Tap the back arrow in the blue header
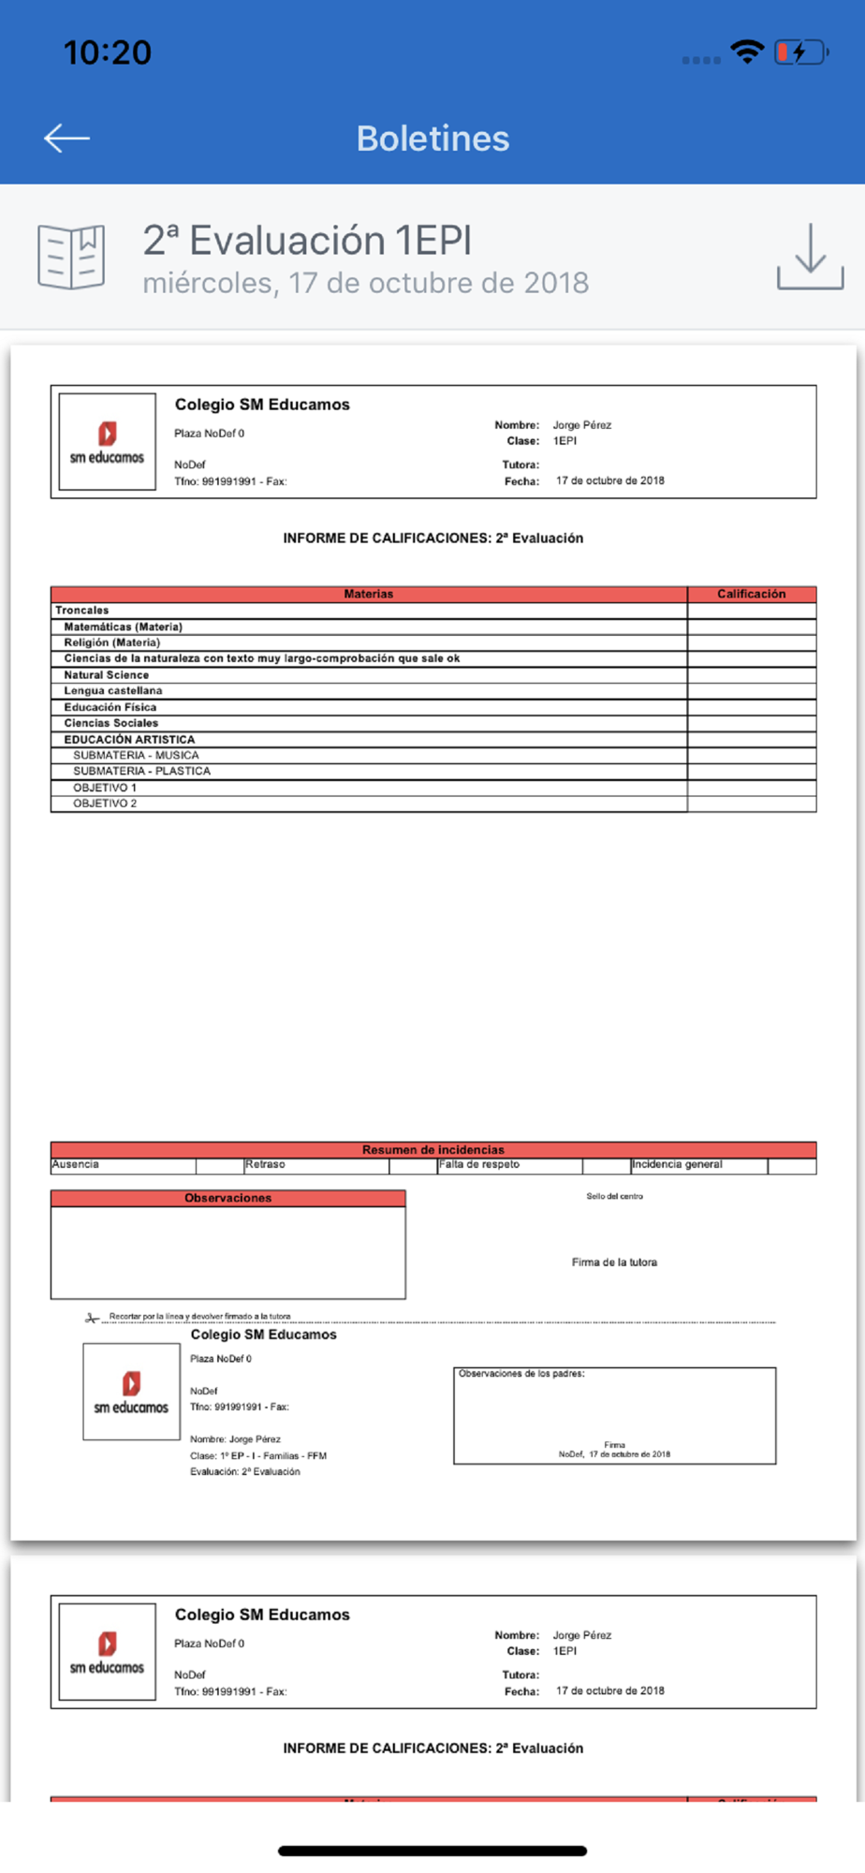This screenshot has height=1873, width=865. [66, 139]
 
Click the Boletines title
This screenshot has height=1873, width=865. [432, 139]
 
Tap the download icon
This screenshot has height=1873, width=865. [810, 257]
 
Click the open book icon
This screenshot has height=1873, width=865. [71, 257]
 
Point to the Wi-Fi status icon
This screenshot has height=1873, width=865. [746, 52]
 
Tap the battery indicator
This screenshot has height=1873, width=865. [800, 52]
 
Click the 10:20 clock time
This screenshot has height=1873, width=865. [107, 52]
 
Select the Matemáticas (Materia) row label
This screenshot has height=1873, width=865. [123, 627]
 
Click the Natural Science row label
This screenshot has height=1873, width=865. [106, 674]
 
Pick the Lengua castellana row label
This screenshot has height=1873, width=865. [112, 690]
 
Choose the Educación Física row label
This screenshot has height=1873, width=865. [110, 707]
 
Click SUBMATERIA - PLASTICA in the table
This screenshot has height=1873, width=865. [141, 771]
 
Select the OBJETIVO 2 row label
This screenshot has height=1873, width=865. [105, 804]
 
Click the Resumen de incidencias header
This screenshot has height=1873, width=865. [432, 1149]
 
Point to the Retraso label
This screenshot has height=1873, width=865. [265, 1164]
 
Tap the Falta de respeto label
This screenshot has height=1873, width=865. [479, 1164]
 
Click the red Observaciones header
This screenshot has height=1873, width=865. [227, 1198]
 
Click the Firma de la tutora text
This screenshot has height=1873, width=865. [614, 1262]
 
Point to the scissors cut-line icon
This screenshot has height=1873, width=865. [92, 1318]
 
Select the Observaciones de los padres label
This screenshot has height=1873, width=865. [521, 1374]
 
